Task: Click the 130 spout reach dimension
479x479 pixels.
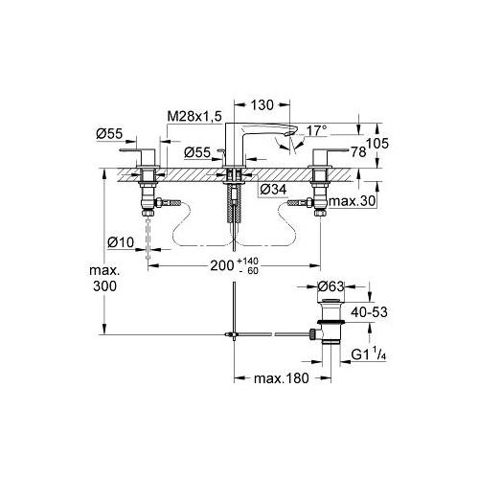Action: click(262, 105)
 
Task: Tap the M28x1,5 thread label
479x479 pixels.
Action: click(194, 117)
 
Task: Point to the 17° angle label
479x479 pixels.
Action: click(317, 131)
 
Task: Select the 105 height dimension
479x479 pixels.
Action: click(377, 144)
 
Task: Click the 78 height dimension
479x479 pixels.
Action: click(358, 152)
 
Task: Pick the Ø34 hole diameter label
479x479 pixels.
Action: click(273, 190)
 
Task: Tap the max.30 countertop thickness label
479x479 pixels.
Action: click(352, 201)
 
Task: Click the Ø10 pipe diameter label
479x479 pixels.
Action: click(121, 242)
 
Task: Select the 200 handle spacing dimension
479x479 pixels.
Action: click(222, 265)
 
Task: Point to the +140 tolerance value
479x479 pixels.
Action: click(247, 262)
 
